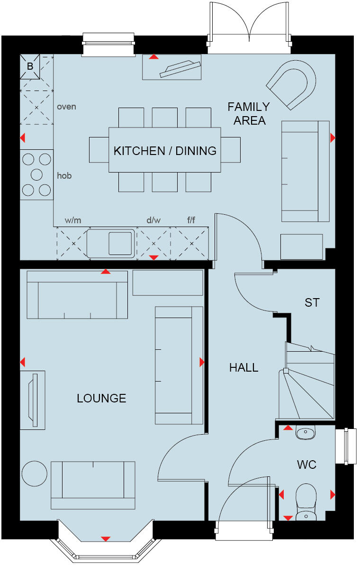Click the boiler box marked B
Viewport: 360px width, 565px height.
(30, 67)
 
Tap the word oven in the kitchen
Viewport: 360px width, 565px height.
(66, 107)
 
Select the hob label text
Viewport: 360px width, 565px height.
(64, 175)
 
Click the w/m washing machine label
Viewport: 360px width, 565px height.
(73, 220)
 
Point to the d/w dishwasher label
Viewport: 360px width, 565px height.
(153, 220)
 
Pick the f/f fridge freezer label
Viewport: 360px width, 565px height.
(191, 220)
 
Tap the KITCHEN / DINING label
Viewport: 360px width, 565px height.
(165, 151)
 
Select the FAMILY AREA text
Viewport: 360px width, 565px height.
(249, 114)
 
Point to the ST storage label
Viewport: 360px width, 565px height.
(312, 302)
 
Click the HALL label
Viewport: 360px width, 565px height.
(244, 367)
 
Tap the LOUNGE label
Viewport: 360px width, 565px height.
(101, 398)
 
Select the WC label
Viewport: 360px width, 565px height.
(306, 465)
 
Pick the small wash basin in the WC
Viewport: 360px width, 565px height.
(305, 432)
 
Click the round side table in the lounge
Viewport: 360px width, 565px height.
(35, 474)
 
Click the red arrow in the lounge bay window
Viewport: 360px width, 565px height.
(106, 538)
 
